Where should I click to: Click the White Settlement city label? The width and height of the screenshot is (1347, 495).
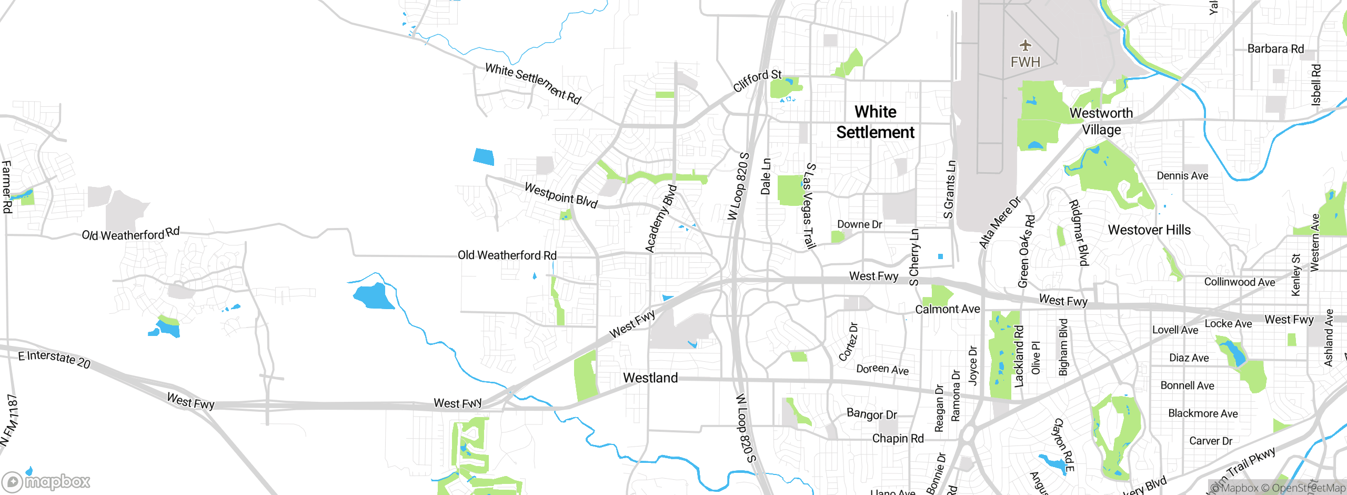[876, 122]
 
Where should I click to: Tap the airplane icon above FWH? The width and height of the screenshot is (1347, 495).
[1025, 45]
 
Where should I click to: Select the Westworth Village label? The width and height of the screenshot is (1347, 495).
[1101, 121]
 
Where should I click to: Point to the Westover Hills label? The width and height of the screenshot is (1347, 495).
[1149, 230]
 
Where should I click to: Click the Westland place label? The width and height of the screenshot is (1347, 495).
[650, 378]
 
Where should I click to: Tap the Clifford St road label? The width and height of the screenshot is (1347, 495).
[757, 81]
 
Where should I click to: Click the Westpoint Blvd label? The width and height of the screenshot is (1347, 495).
[561, 195]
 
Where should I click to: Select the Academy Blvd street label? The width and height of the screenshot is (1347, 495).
[661, 219]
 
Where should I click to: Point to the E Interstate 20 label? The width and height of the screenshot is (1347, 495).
[54, 359]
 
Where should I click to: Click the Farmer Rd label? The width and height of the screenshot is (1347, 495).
[7, 187]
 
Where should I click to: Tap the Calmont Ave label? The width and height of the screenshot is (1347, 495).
[948, 309]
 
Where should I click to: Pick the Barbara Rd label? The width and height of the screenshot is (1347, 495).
[1275, 49]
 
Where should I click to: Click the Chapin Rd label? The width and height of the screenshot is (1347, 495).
[898, 438]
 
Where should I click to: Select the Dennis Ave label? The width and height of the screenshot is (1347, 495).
[1182, 176]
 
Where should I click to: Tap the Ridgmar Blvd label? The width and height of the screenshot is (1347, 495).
[1078, 233]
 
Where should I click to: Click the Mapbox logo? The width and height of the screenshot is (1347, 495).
[46, 481]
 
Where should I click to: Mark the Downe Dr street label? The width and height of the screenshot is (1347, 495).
[859, 224]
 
